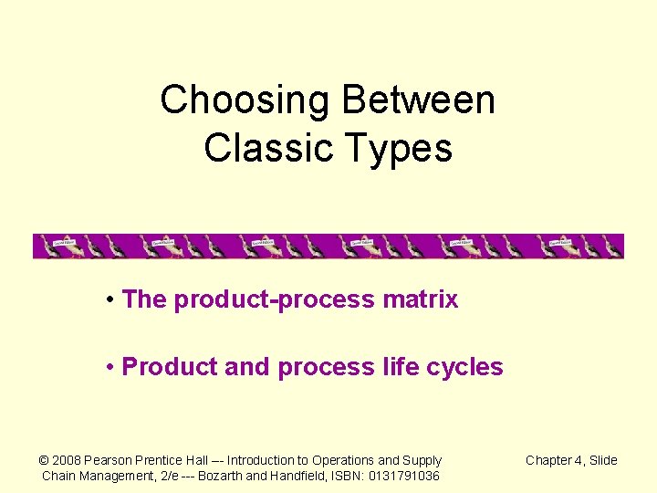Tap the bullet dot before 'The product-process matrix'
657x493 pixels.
coord(109,299)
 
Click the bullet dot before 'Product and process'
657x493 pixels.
coord(109,367)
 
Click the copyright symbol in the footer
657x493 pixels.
coord(44,460)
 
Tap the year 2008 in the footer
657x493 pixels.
coord(68,460)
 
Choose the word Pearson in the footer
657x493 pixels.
coord(110,460)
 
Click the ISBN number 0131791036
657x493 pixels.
coord(403,476)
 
